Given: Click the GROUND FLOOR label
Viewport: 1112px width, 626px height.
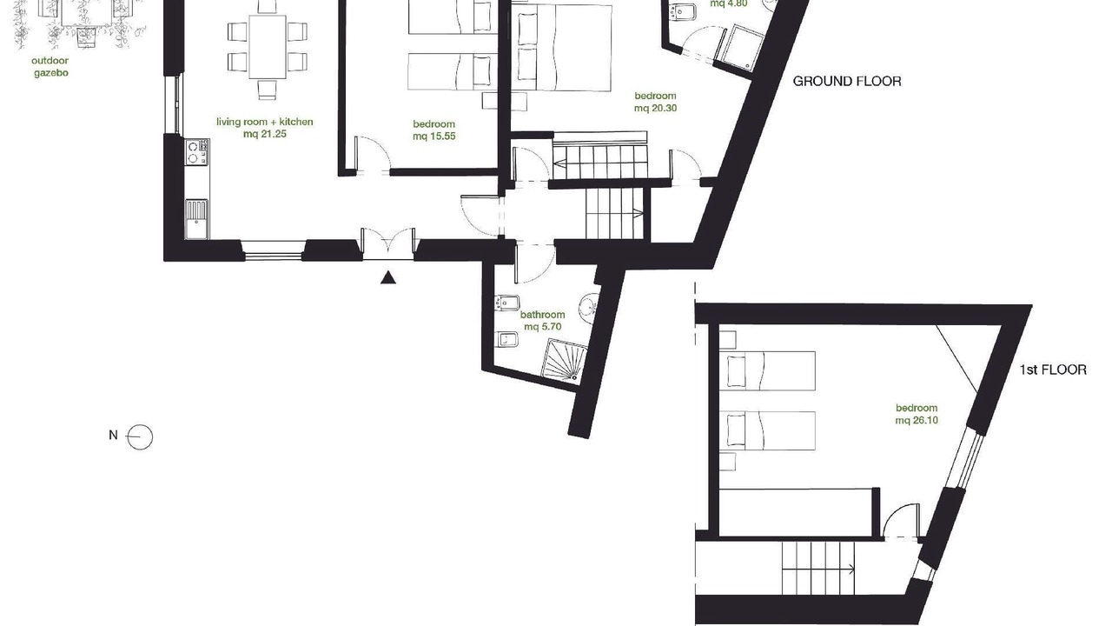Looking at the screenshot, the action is (846, 81).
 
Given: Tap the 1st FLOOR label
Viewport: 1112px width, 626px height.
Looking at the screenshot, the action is (1053, 370).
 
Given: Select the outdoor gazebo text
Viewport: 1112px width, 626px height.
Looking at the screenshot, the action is (50, 67).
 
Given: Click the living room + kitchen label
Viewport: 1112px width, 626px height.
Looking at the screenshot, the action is (265, 122).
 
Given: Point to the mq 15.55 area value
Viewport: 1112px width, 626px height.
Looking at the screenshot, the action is (434, 137).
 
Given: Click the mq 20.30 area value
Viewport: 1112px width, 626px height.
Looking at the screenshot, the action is (655, 109).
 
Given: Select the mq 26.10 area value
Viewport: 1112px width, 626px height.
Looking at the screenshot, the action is (917, 420).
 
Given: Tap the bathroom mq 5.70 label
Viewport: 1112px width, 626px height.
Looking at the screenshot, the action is (543, 321).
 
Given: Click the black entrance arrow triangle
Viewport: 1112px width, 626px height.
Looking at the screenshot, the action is (388, 277).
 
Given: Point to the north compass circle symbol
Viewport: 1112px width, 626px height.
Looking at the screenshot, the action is (140, 437).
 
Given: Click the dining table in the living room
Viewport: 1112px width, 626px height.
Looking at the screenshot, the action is (268, 47).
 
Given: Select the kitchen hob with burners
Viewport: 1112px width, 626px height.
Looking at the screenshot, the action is (196, 152).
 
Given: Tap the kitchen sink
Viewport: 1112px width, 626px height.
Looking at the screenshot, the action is (196, 219).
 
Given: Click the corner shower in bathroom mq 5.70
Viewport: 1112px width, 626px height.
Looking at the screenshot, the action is (564, 362).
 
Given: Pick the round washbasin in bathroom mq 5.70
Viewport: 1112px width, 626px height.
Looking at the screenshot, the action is (589, 304).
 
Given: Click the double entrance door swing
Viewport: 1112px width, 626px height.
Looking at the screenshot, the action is (388, 243).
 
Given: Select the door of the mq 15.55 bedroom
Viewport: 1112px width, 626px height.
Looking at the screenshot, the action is (373, 154).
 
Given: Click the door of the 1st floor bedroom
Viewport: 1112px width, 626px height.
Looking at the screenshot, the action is (902, 521).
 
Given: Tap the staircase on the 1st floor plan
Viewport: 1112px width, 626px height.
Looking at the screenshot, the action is (818, 569).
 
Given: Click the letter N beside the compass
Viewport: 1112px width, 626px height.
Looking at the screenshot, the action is (113, 436).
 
